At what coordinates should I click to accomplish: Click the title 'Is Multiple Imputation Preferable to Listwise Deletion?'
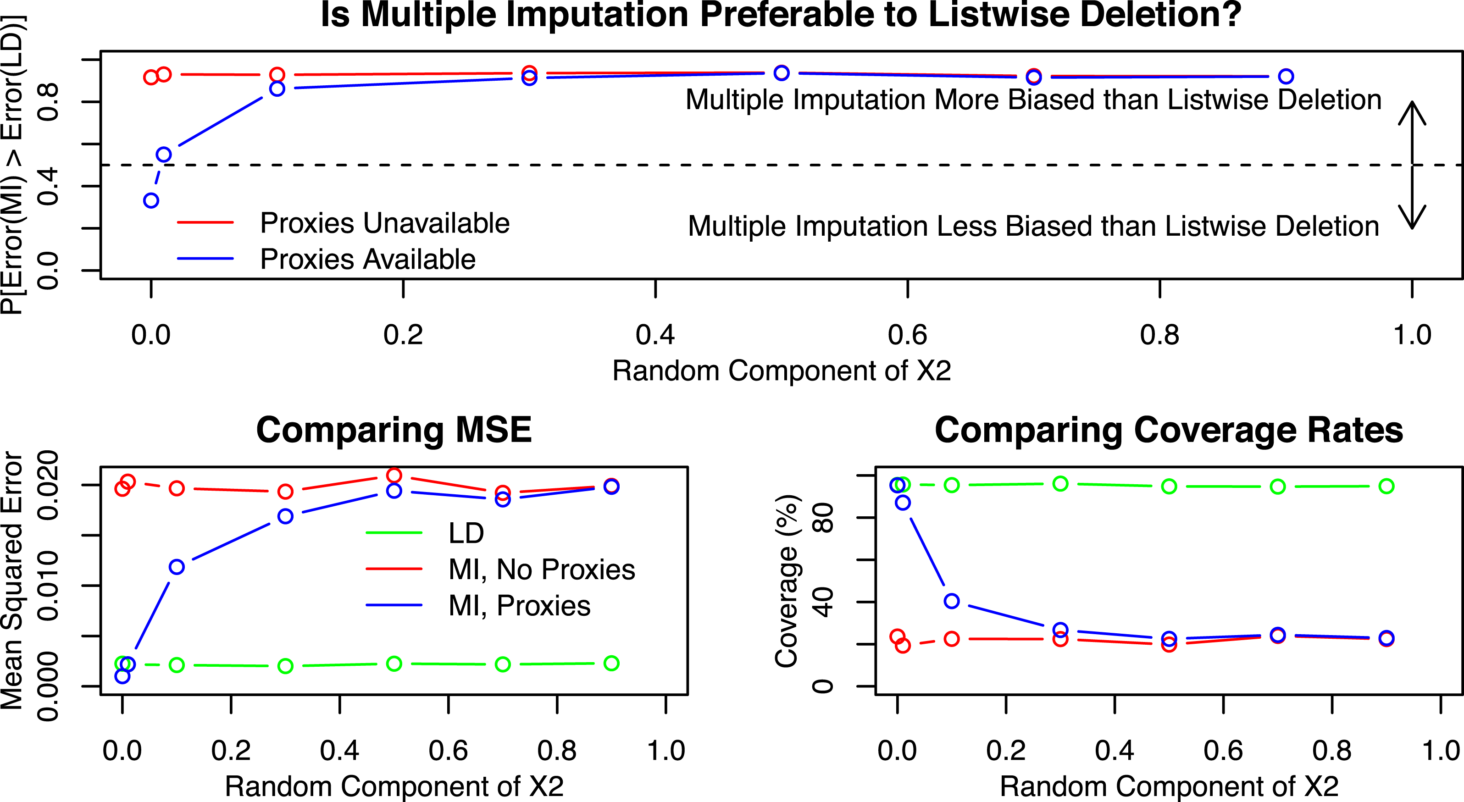781,15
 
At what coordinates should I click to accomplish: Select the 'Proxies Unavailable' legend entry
384,223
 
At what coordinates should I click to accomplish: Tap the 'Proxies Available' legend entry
367,259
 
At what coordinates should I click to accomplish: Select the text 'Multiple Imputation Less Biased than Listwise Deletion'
1033,226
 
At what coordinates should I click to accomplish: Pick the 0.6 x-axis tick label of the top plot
907,335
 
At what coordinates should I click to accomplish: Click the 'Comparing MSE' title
394,430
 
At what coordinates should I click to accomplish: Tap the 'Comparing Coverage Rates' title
1169,430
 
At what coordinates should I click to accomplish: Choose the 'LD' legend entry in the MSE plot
466,533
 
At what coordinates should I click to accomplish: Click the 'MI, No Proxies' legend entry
541,570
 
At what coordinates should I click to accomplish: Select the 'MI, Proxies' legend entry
519,606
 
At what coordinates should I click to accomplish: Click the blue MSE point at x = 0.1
177,567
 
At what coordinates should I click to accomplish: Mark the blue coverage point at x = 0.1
951,601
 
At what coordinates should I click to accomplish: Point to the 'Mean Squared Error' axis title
12,580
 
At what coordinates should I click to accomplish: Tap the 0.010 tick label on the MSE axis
48,586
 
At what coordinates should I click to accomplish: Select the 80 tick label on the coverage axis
823,517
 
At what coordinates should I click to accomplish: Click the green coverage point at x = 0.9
1386,486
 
